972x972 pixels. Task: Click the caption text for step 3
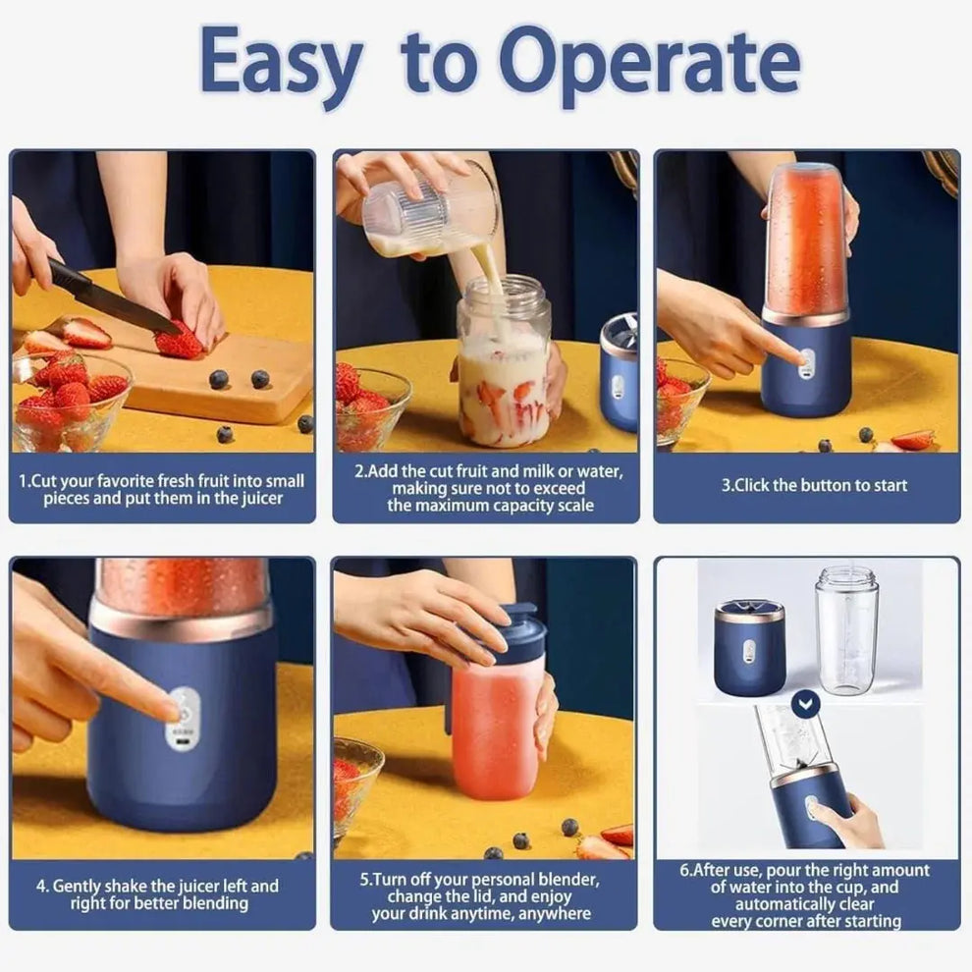pyautogui.click(x=814, y=485)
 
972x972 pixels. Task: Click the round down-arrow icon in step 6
pyautogui.click(x=806, y=704)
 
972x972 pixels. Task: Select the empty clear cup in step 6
pyautogui.click(x=846, y=628)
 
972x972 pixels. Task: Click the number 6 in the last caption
pyautogui.click(x=684, y=871)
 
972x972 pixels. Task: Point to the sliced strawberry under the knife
pyautogui.click(x=180, y=342)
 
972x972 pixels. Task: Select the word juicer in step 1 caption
pyautogui.click(x=250, y=499)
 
